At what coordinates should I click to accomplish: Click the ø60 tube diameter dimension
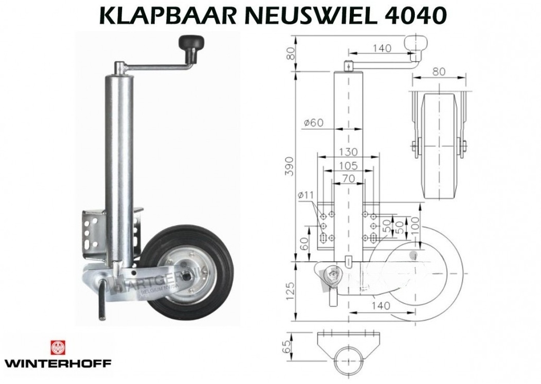point(314,123)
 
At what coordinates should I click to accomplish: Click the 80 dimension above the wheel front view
point(439,71)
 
